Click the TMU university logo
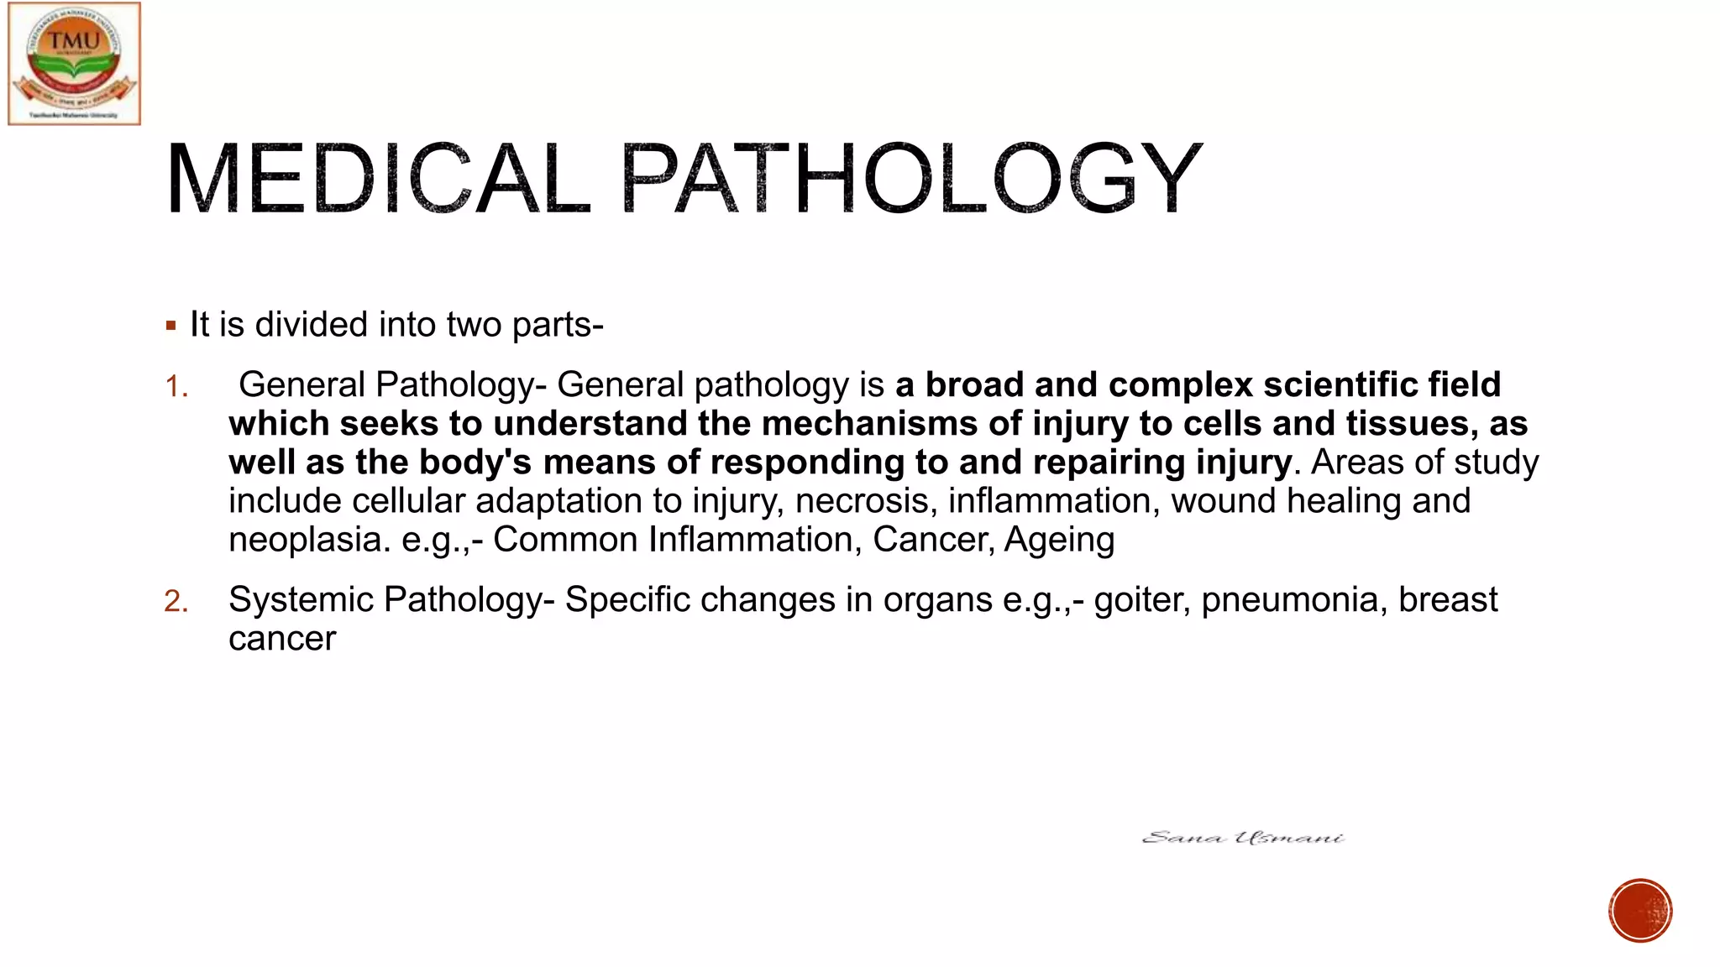74,64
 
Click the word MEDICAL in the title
377,179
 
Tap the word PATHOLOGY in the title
911,179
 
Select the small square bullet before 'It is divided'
171,326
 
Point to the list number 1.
176,387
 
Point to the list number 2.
176,602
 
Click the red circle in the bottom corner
1640,911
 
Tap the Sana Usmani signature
1243,838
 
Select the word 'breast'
1448,600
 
